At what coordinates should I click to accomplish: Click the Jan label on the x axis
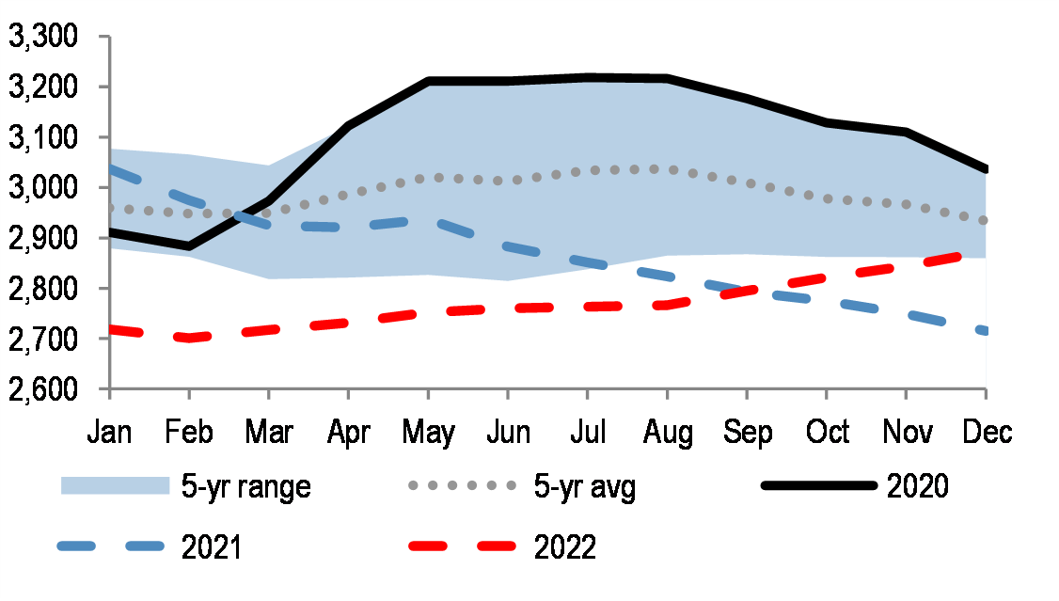point(110,432)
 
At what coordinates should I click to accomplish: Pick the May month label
point(428,433)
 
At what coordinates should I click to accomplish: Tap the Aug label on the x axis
point(667,433)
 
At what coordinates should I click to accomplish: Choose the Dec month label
point(986,432)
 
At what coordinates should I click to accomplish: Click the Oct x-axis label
point(827,432)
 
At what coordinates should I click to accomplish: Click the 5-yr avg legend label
point(584,486)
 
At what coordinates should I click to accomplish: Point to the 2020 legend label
point(917,486)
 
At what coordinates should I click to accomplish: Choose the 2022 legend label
point(563,546)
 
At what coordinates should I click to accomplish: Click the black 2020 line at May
point(428,82)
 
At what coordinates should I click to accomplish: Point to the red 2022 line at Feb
point(189,338)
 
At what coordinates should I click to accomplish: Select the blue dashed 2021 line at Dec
point(984,331)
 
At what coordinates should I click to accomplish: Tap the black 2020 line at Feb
point(189,246)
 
